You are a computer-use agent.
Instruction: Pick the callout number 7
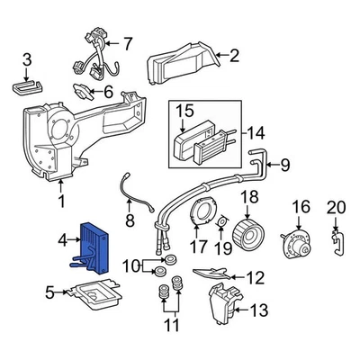click(x=127, y=42)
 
